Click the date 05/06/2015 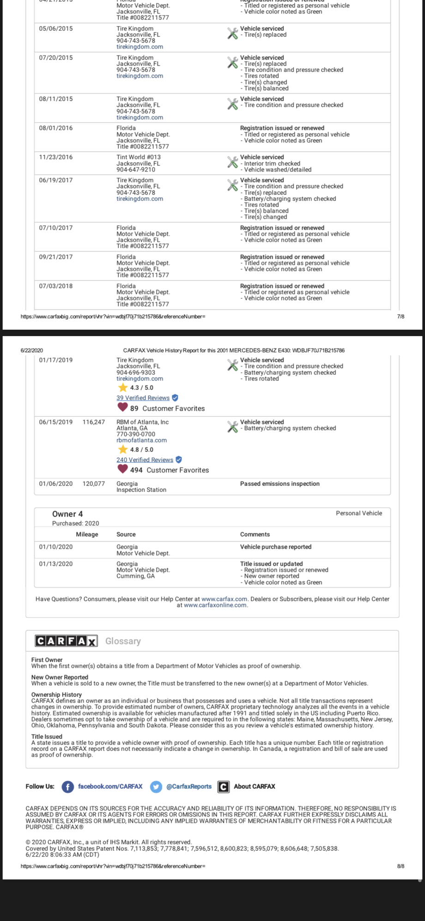coord(56,29)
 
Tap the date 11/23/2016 coord(56,157)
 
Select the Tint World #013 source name coord(139,157)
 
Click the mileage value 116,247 coord(94,422)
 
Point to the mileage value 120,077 coord(94,484)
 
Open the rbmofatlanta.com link coord(141,440)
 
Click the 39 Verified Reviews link coord(143,398)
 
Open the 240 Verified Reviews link coord(145,460)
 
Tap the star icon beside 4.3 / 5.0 coord(123,388)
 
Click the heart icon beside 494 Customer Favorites coord(122,469)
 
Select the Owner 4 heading coord(67,514)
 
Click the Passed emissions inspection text coord(279,484)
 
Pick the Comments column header coord(255,534)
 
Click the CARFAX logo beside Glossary coord(66,641)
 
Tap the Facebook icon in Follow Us coord(68,786)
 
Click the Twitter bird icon coord(156,786)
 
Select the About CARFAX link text coord(254,786)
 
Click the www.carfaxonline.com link coord(215,605)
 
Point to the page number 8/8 coord(401,866)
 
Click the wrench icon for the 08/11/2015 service coord(232,104)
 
